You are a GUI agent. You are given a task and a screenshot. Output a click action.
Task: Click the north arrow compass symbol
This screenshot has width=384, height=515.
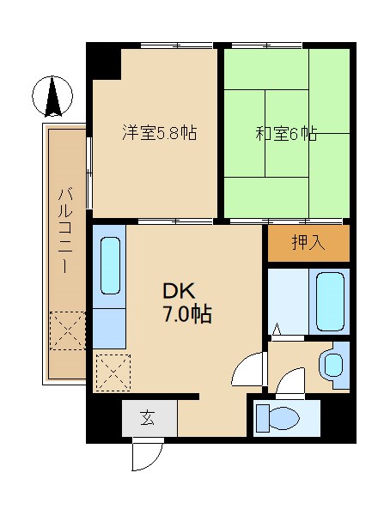click(52, 96)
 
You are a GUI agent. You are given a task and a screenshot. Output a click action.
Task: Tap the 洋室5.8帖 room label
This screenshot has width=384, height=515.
click(160, 133)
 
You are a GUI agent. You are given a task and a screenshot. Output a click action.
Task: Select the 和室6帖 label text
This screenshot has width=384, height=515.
click(286, 134)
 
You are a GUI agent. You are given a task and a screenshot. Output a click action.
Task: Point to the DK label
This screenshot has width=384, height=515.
click(180, 291)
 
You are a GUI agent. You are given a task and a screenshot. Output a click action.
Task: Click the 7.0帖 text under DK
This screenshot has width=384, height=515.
click(187, 315)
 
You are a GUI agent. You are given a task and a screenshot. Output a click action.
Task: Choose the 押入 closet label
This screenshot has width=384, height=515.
click(308, 243)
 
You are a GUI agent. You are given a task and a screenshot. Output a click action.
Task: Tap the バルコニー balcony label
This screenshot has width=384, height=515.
click(65, 230)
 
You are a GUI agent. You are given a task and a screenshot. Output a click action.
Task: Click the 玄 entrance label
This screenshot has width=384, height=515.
click(148, 418)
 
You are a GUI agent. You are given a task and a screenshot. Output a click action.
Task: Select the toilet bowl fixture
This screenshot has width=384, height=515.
click(277, 418)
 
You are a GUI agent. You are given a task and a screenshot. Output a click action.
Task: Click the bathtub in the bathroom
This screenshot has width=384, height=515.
click(331, 302)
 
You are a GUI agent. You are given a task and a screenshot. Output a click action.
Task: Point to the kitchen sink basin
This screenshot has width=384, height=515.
click(110, 265)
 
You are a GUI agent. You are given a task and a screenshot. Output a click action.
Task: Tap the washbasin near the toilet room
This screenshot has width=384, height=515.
click(332, 365)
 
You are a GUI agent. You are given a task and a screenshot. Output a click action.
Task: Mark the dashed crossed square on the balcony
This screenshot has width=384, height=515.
click(67, 330)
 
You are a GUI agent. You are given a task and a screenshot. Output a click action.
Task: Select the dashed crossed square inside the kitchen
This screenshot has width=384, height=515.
click(113, 373)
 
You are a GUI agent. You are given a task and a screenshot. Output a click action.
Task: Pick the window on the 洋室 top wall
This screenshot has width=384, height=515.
click(177, 45)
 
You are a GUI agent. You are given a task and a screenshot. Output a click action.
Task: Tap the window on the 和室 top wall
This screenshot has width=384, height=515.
click(266, 45)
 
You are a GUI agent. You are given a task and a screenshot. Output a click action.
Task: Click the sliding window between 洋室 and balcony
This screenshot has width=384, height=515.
click(88, 173)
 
